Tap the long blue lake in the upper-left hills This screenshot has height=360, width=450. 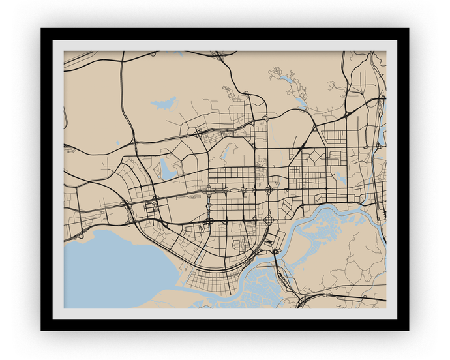[164, 102]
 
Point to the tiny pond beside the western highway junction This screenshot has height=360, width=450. [118, 143]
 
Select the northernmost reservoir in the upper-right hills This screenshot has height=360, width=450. [286, 79]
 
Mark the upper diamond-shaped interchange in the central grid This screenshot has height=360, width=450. [268, 190]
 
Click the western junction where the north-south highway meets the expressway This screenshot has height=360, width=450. [133, 142]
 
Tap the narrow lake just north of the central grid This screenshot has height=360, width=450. [225, 153]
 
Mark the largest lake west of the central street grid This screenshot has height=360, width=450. [168, 172]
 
